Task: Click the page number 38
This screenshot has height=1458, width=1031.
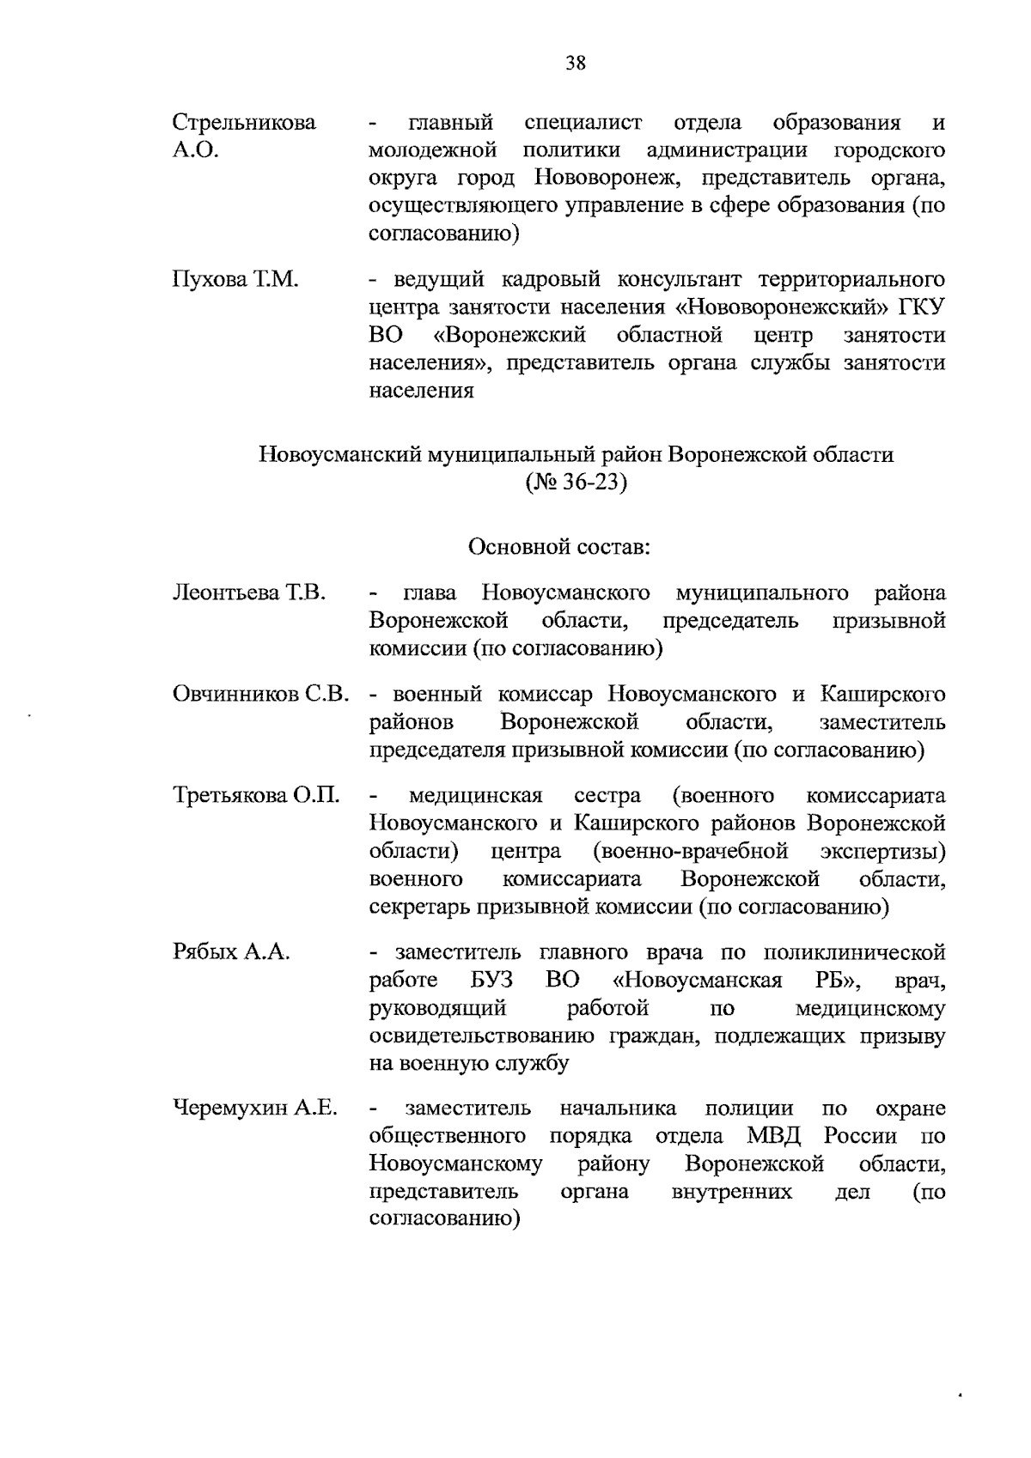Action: click(x=576, y=62)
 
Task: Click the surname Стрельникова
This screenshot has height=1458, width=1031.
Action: click(x=244, y=123)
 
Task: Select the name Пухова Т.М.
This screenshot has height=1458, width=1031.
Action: click(x=235, y=280)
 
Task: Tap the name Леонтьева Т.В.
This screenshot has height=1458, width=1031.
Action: click(x=249, y=592)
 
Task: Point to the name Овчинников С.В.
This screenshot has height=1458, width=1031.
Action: click(x=261, y=694)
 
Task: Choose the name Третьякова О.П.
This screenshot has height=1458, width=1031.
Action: click(x=256, y=795)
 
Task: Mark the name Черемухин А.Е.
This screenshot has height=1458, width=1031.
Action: click(x=255, y=1109)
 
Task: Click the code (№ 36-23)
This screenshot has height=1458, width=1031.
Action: click(x=576, y=483)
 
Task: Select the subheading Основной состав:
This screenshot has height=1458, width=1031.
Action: click(x=559, y=546)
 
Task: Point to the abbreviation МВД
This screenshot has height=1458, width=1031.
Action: click(x=773, y=1136)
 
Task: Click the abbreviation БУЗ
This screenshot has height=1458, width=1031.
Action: click(x=491, y=981)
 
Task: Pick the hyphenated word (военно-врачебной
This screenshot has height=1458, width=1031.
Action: click(x=691, y=851)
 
